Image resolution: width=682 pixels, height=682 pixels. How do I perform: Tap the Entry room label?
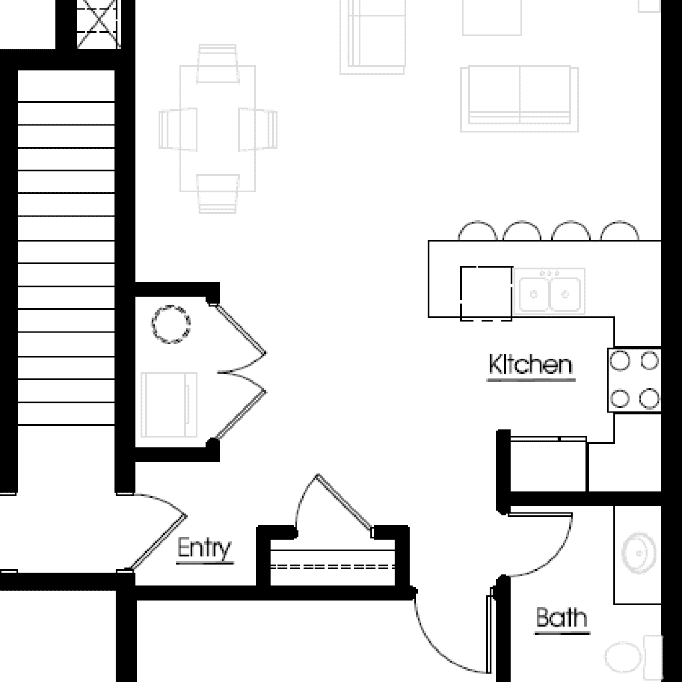pyautogui.click(x=204, y=548)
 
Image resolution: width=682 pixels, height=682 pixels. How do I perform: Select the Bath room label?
pyautogui.click(x=561, y=617)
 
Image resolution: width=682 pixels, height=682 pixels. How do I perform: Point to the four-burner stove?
pyautogui.click(x=634, y=380)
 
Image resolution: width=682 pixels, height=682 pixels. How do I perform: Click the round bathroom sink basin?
pyautogui.click(x=639, y=553)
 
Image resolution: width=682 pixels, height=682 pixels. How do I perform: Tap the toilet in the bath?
pyautogui.click(x=633, y=657)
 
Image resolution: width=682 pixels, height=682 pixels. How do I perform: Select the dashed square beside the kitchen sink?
pyautogui.click(x=486, y=293)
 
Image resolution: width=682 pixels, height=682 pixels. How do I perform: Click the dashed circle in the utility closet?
pyautogui.click(x=171, y=324)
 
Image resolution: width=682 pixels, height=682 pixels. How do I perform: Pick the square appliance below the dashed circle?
pyautogui.click(x=169, y=404)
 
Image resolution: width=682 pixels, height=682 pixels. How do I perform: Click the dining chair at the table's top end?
pyautogui.click(x=218, y=63)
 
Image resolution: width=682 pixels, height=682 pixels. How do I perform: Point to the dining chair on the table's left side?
pyautogui.click(x=177, y=129)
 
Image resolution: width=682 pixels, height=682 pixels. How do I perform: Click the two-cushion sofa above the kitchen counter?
pyautogui.click(x=519, y=99)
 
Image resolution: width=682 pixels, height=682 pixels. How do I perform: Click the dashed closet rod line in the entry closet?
pyautogui.click(x=333, y=567)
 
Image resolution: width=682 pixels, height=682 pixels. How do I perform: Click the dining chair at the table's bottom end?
pyautogui.click(x=218, y=194)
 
